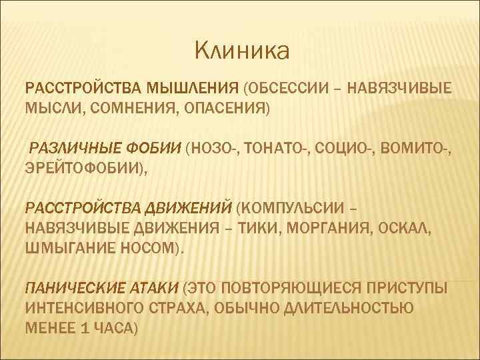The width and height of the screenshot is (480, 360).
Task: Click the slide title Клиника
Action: (242, 49)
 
